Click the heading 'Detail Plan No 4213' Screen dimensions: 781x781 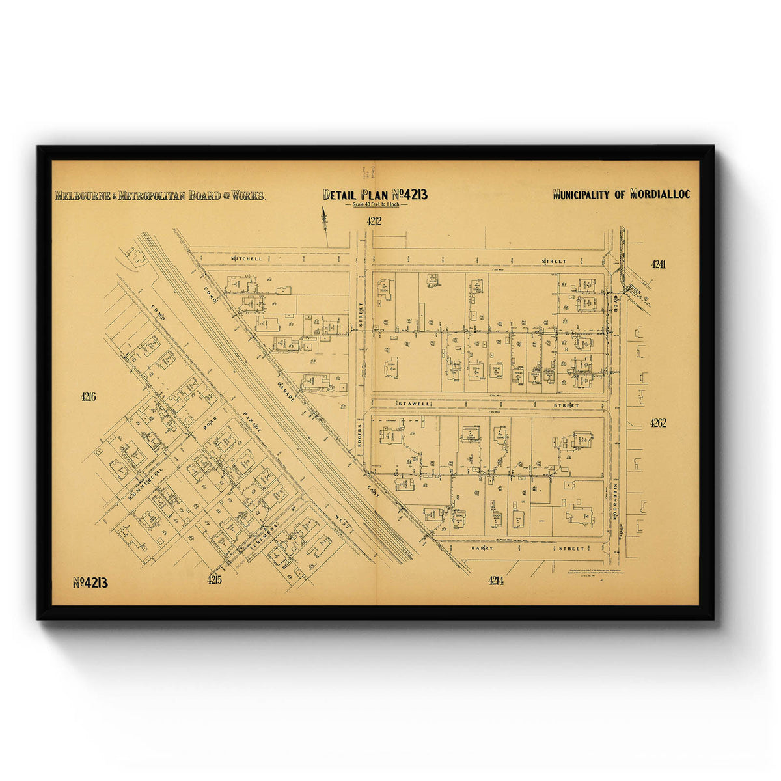(375, 195)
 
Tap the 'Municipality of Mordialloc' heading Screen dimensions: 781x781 (621, 194)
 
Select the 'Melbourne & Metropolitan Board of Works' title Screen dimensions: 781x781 (160, 195)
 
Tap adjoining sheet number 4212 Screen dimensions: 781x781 (374, 221)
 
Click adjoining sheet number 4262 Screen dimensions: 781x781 (658, 423)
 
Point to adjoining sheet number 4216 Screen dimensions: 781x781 (89, 397)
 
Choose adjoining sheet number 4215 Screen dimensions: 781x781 (215, 580)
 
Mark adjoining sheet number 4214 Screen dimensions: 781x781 (495, 581)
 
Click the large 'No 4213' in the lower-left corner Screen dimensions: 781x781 (90, 582)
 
